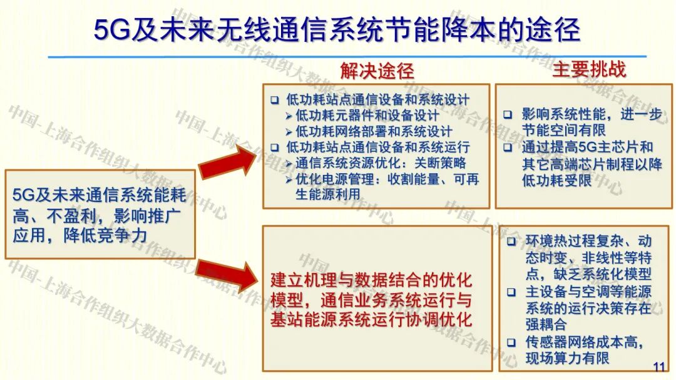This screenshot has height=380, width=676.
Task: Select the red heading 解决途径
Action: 377,71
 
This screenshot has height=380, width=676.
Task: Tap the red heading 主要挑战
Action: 588,69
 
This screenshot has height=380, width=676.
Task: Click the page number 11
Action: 659,367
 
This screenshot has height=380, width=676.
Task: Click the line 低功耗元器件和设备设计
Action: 367,116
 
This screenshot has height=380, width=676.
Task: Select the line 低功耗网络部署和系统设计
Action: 374,131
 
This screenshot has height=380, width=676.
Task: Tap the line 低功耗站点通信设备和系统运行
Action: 377,147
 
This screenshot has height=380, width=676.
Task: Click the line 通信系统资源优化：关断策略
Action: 381,164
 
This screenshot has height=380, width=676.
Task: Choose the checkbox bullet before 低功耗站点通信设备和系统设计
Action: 275,100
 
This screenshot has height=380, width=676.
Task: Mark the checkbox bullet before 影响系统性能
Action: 509,115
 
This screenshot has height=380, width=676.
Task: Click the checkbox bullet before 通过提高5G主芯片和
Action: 509,148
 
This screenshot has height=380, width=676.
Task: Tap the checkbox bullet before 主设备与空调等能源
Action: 511,292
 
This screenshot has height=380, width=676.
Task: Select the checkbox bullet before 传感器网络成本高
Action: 511,342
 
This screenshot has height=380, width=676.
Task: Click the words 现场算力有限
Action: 567,358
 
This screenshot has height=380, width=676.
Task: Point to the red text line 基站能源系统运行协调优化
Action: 371,319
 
